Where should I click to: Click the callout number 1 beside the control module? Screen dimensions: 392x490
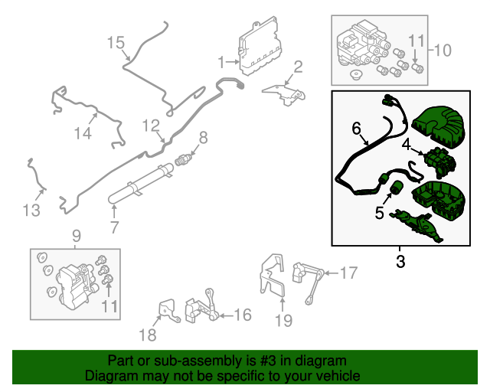click(220, 61)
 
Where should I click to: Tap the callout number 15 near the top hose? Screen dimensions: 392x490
click(115, 42)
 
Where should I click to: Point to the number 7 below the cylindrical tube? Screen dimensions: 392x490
click(114, 227)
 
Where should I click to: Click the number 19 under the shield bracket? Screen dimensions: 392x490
click(283, 320)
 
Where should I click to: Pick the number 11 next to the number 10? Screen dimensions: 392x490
click(415, 40)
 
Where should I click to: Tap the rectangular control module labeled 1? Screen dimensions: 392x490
click(259, 46)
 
